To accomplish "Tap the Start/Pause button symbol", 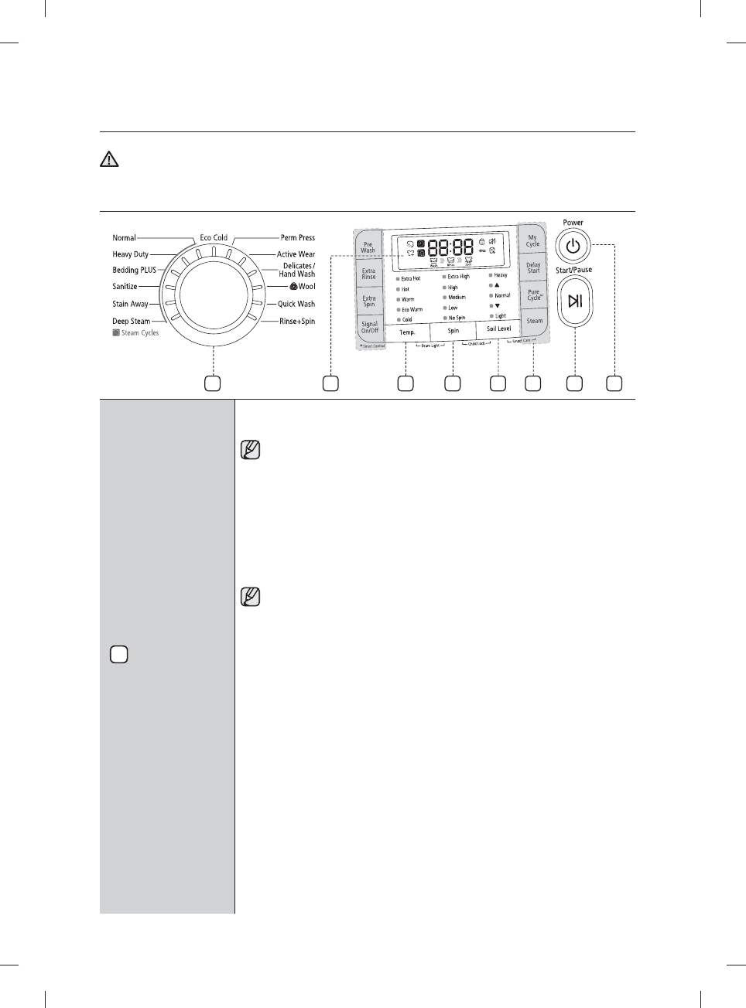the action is click(x=574, y=301).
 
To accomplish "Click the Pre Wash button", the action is click(x=368, y=247).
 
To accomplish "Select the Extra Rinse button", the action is click(x=368, y=274).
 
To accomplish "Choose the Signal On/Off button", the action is click(x=369, y=328).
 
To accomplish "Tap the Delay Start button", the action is click(x=533, y=267).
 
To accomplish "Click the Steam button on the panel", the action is click(x=535, y=321).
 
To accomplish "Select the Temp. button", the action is click(x=407, y=332).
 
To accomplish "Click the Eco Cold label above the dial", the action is click(x=214, y=238).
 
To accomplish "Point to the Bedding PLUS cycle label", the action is click(x=135, y=270).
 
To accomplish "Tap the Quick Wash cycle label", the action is click(x=296, y=304).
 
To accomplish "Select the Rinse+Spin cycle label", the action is click(x=297, y=321).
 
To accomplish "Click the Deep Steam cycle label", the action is click(x=132, y=321).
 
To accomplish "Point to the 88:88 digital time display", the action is click(x=450, y=248).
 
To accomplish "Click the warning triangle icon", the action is click(x=109, y=159).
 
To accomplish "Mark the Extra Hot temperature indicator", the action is click(x=410, y=278).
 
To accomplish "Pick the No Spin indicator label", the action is click(x=457, y=318).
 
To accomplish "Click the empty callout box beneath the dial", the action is click(x=212, y=383).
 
